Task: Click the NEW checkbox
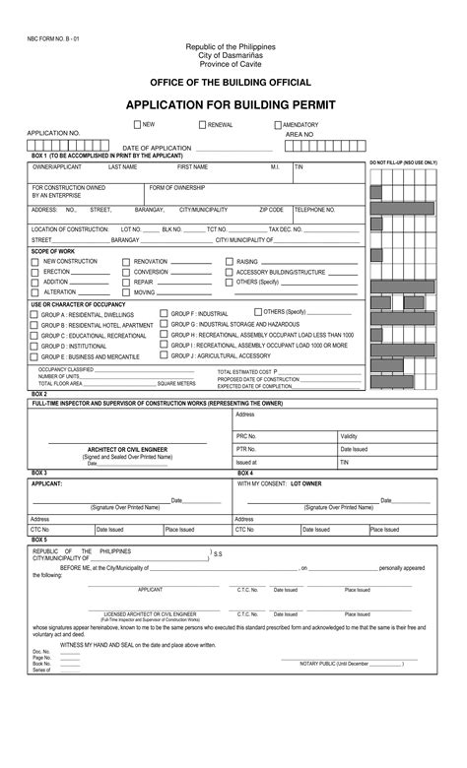click(x=138, y=125)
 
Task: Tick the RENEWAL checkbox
click(x=202, y=125)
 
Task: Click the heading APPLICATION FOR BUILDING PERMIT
click(x=230, y=103)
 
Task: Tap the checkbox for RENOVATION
click(x=126, y=261)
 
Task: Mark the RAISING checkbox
click(x=228, y=261)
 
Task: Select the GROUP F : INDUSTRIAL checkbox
click(x=164, y=313)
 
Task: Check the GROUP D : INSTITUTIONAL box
click(x=35, y=347)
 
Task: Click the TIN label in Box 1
click(x=300, y=167)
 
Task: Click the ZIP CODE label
click(x=271, y=210)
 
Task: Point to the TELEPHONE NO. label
click(x=315, y=210)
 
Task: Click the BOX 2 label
click(x=39, y=393)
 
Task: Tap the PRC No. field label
click(x=245, y=435)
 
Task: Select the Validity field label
click(x=350, y=435)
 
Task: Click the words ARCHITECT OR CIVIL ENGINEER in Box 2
click(x=127, y=449)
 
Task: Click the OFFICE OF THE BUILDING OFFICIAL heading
click(x=230, y=82)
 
